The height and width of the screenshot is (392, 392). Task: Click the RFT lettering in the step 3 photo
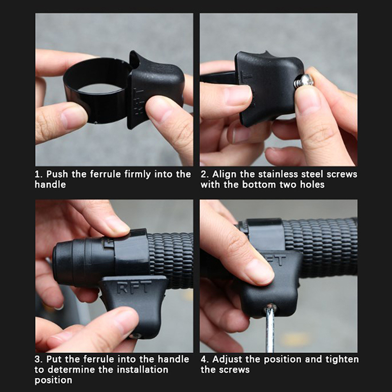point(134,287)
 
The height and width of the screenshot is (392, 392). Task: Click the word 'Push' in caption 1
point(57,174)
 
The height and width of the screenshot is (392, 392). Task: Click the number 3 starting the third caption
point(38,359)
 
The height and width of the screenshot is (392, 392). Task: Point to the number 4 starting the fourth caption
point(204,359)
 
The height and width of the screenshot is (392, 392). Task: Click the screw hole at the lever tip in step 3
point(136,336)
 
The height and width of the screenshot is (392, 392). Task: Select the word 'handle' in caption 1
point(50,185)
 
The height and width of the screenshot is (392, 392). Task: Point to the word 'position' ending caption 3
point(53,380)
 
